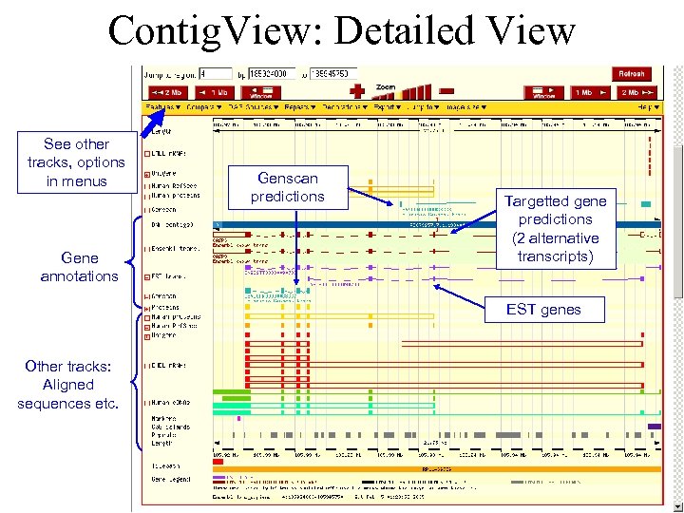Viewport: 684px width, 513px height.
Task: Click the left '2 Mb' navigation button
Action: (169, 93)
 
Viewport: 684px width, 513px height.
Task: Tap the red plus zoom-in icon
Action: (357, 91)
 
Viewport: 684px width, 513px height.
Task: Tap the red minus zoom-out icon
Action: (446, 91)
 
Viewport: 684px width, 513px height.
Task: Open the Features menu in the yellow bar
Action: (162, 107)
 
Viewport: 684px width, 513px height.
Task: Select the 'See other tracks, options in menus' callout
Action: (76, 162)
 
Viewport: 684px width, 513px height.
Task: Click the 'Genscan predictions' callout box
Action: (288, 187)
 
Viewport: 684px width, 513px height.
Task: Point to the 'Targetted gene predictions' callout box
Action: (556, 229)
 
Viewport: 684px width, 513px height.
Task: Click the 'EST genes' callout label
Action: (542, 310)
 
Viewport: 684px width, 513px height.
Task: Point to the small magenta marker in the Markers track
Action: (238, 418)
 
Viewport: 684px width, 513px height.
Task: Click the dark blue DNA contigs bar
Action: (427, 225)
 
